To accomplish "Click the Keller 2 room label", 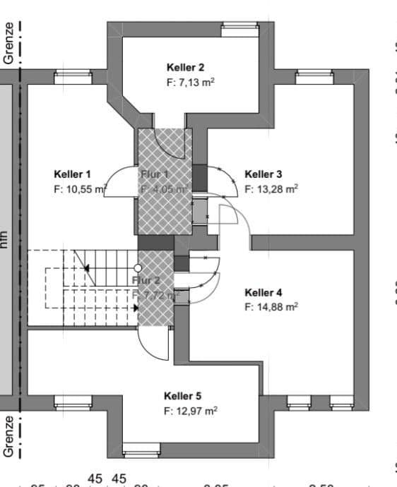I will [x=185, y=68].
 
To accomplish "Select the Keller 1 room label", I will [x=72, y=174].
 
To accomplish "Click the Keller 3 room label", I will [x=263, y=174].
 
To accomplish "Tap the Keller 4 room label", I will [x=263, y=292].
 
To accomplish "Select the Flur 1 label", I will [x=154, y=174].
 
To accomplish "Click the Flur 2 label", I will [x=146, y=280].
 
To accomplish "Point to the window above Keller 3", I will [x=314, y=77].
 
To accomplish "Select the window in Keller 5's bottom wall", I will [x=141, y=450].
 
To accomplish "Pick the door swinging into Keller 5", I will [x=152, y=346].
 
